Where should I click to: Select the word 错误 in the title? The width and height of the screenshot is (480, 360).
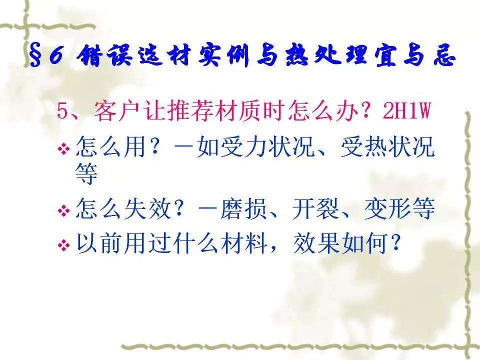click(x=104, y=55)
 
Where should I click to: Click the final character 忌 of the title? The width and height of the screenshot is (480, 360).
click(x=444, y=55)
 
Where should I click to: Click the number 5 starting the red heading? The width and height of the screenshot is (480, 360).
click(x=62, y=111)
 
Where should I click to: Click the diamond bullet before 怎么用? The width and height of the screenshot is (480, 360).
click(x=63, y=149)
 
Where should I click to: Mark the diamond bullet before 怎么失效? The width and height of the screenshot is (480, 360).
click(x=63, y=210)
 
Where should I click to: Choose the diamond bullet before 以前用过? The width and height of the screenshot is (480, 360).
click(x=63, y=245)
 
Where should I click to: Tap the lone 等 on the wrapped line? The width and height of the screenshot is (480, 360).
click(x=86, y=173)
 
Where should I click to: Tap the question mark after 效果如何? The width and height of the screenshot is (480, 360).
click(x=396, y=242)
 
